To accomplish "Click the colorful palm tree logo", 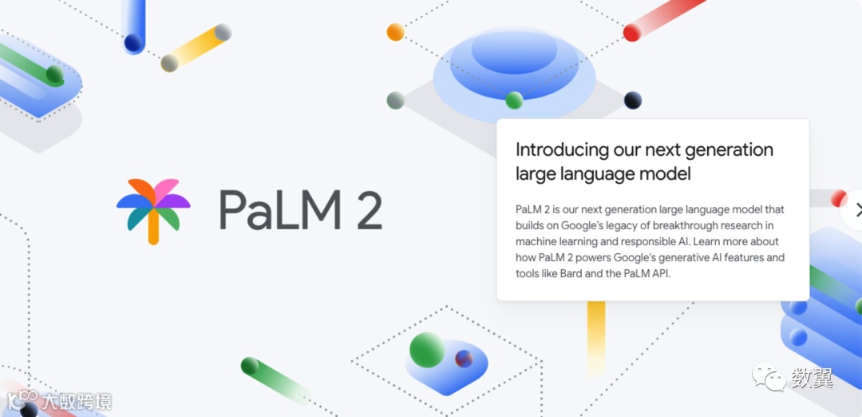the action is [153, 210].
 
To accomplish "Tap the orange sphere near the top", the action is [395, 32].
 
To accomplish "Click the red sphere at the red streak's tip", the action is [631, 33].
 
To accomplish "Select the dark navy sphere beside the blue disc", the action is [633, 100].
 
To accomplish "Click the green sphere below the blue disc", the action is [514, 101].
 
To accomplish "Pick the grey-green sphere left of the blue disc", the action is [395, 101].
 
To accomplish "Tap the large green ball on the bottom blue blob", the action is [427, 349].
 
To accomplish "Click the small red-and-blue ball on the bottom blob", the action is [464, 359].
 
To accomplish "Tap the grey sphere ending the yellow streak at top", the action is [223, 32].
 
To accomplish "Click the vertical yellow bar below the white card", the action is [595, 336].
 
